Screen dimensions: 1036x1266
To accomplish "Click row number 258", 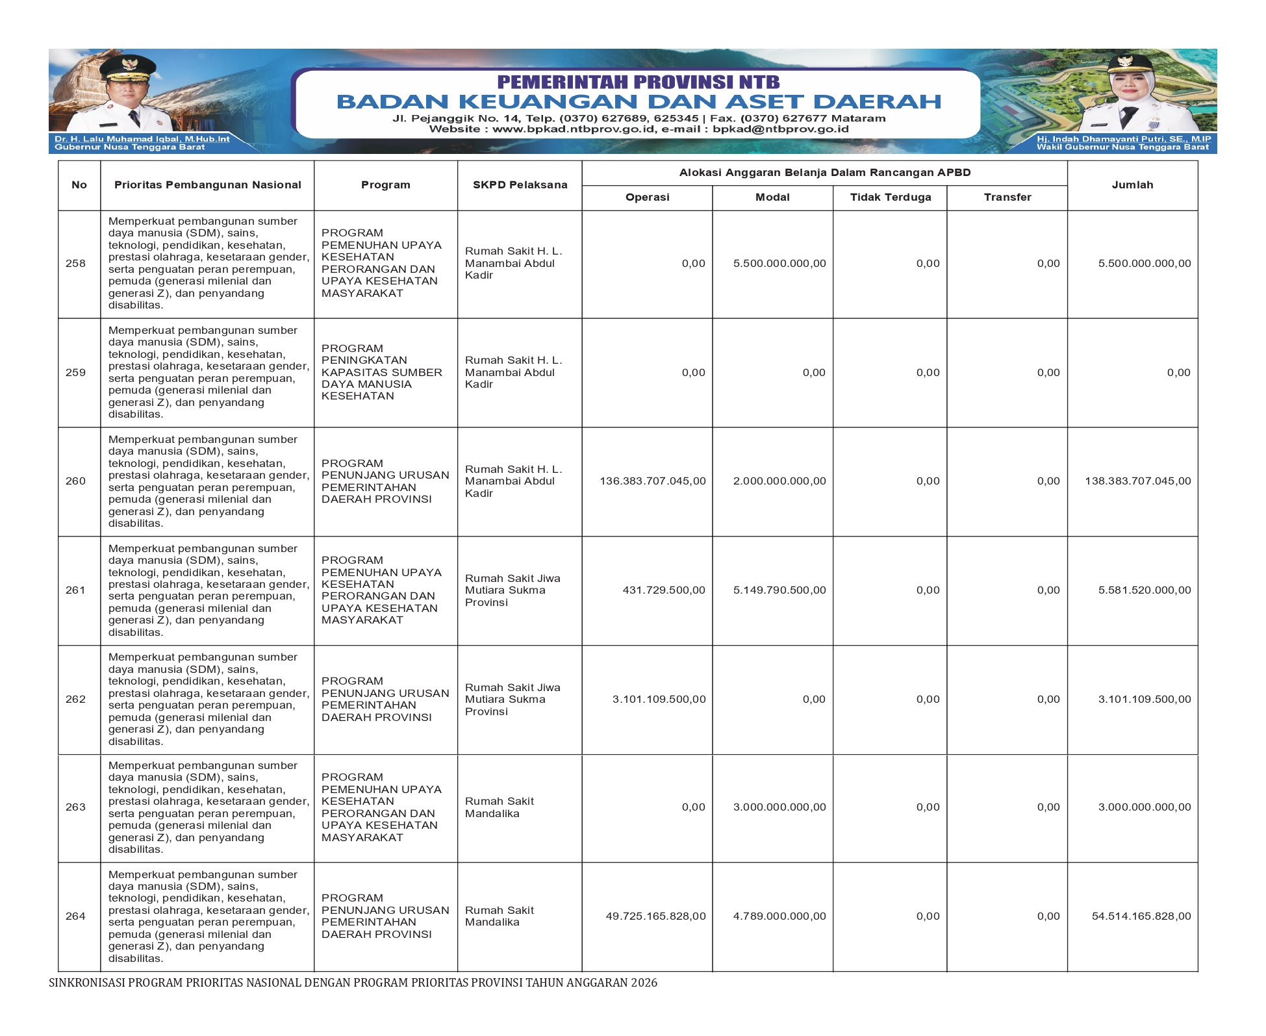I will (75, 263).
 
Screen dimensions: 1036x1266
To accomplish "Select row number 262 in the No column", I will (75, 699).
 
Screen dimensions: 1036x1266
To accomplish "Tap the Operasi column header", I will (647, 197).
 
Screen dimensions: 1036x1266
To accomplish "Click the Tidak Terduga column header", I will (890, 197).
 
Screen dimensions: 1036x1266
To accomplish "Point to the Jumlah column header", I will (1132, 185).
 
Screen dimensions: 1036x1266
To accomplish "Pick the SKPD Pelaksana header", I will (520, 185).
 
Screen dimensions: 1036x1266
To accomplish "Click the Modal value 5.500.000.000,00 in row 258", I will (779, 263).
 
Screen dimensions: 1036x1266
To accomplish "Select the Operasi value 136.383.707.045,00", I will (652, 481).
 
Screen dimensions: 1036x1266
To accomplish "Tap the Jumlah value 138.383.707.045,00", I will (1137, 481).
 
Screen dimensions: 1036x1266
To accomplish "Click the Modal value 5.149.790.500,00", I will (779, 590).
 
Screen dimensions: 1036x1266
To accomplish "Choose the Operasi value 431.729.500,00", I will (663, 590).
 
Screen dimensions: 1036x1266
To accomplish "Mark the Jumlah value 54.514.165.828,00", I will (1141, 916).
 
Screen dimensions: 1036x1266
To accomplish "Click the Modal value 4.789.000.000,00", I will (779, 916).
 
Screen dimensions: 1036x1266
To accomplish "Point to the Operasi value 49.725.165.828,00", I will (655, 916).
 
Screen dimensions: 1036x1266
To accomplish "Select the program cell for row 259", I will (382, 372).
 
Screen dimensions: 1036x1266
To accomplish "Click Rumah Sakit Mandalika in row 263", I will (499, 807).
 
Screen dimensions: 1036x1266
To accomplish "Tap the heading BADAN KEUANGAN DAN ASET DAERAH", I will (639, 102).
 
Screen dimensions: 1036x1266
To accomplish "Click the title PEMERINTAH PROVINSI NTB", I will (639, 82).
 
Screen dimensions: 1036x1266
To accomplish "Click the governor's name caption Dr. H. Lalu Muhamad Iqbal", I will (142, 139).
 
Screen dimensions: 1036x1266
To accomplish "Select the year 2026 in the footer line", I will (644, 983).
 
